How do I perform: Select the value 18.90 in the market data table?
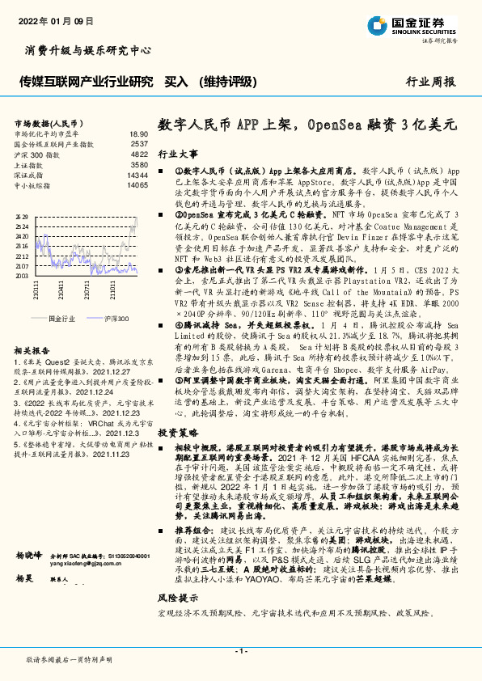point(138,133)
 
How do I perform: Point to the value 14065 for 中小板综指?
point(137,185)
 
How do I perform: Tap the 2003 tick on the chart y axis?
point(21,276)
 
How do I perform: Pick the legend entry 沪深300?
point(116,319)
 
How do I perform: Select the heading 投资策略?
point(177,433)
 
